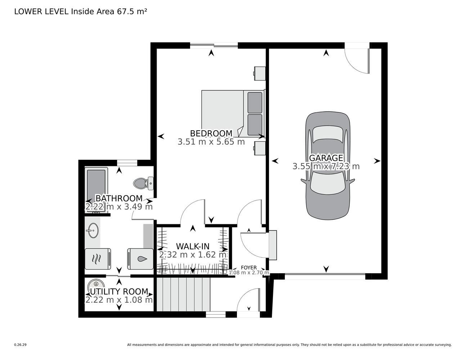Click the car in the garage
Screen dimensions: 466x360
[327, 165]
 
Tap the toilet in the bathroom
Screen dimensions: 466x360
[143, 183]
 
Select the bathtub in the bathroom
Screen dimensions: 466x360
[96, 190]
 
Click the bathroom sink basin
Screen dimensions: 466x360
[93, 230]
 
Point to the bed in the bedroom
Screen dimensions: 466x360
[233, 113]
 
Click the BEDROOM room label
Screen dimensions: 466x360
[211, 133]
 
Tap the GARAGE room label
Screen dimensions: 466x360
[326, 158]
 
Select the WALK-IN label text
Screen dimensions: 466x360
[193, 247]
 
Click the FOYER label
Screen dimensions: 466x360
[249, 267]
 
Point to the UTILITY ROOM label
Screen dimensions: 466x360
[119, 292]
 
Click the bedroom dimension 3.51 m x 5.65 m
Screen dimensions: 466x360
[211, 142]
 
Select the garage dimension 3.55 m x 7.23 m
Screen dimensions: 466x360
[326, 166]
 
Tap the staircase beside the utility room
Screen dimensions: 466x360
[183, 294]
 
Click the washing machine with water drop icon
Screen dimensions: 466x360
[140, 259]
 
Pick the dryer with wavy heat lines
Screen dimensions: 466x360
[98, 259]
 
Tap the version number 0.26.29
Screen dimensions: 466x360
[21, 345]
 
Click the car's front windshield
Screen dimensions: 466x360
[327, 182]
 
